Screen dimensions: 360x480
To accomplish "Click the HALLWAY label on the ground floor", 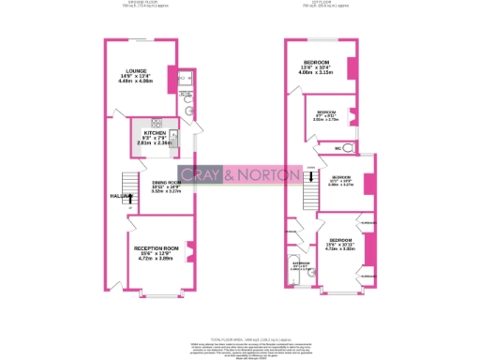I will coord(112,196).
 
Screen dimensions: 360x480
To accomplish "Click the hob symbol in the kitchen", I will coord(155,123).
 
